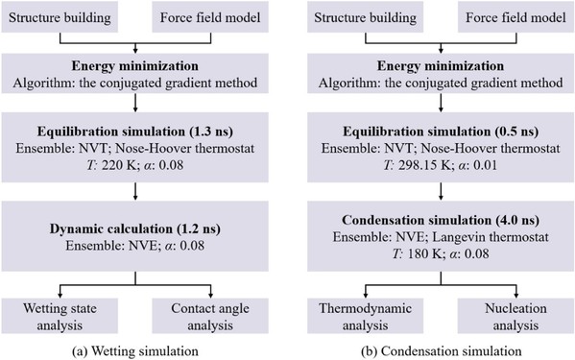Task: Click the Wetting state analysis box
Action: click(60, 316)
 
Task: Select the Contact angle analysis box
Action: click(210, 316)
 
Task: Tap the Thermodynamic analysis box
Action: click(365, 316)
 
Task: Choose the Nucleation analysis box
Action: click(515, 316)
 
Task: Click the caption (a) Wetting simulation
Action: click(135, 351)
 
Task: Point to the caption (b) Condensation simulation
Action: click(442, 351)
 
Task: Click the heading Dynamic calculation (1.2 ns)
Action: click(135, 228)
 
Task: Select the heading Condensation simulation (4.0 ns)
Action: click(441, 220)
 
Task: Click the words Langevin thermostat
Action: click(491, 237)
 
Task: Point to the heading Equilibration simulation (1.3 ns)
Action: click(135, 132)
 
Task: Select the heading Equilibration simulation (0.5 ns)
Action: click(441, 132)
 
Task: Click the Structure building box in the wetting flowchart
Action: click(60, 17)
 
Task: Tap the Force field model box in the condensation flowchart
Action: click(515, 17)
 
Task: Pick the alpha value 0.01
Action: click(485, 165)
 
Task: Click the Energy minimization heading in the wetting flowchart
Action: click(135, 66)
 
